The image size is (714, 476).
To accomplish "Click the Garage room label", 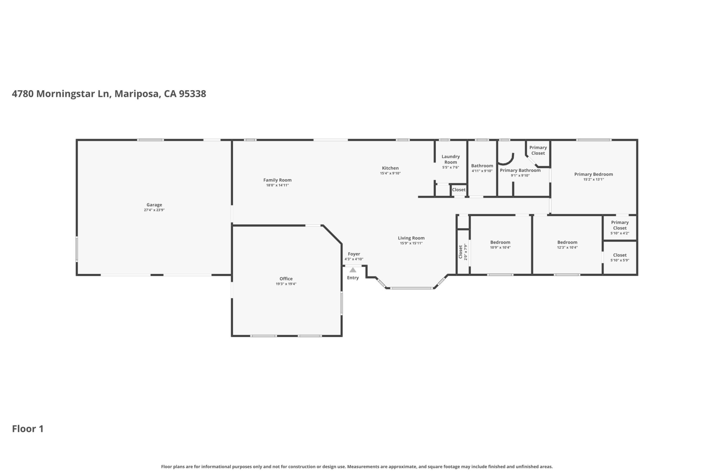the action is click(x=154, y=205).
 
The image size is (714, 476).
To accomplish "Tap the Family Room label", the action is click(x=277, y=180).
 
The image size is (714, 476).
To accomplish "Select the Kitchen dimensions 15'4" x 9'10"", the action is click(x=390, y=173).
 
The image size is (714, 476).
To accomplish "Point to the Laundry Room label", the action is click(x=451, y=159).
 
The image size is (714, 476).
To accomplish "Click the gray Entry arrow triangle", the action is click(x=353, y=270).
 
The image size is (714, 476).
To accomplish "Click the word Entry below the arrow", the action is click(x=353, y=278).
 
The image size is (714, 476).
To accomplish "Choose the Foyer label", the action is click(x=354, y=254).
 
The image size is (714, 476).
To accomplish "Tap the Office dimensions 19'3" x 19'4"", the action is click(x=286, y=284).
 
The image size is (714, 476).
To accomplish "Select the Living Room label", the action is click(x=411, y=238).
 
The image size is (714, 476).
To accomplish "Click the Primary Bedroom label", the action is click(x=594, y=174).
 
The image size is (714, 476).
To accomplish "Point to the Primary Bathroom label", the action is click(x=520, y=170).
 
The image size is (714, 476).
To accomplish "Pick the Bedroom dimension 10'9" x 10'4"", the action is click(x=500, y=247).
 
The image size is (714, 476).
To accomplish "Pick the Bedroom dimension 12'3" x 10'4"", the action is click(x=567, y=247).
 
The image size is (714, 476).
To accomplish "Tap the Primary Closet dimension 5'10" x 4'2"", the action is click(x=620, y=233).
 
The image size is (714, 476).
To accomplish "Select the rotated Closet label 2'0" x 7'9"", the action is click(x=463, y=252).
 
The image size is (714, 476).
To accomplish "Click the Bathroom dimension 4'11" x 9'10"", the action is click(x=482, y=171).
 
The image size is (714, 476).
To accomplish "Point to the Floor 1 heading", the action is click(x=28, y=429).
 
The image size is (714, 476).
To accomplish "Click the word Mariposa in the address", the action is click(x=137, y=94).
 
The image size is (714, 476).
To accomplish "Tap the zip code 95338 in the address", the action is click(x=193, y=94).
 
